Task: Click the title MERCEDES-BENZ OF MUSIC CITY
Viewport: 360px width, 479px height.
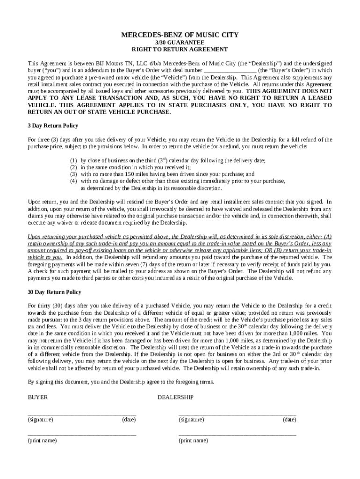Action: (x=180, y=35)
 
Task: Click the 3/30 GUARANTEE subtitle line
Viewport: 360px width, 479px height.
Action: (x=180, y=42)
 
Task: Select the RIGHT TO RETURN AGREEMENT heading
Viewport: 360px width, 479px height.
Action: (x=180, y=49)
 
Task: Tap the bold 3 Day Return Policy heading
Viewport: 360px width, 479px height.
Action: (x=53, y=126)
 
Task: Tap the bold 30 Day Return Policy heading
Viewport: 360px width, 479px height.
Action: (x=54, y=292)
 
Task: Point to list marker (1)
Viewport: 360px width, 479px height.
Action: (x=73, y=160)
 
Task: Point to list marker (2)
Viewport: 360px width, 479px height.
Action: (x=73, y=167)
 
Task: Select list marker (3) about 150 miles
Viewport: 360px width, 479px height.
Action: (x=73, y=174)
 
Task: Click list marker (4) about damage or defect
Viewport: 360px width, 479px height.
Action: (x=73, y=181)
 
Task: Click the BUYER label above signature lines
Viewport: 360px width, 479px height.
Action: (x=37, y=397)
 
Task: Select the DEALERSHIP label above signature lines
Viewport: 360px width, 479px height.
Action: (x=175, y=397)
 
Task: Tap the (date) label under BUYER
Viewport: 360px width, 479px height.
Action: (x=129, y=420)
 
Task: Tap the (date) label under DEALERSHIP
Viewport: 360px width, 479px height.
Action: (x=289, y=420)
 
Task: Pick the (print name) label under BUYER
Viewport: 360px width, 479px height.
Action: (x=42, y=441)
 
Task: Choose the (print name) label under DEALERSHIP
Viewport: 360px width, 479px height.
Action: (x=194, y=441)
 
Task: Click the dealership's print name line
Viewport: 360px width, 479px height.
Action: (x=237, y=435)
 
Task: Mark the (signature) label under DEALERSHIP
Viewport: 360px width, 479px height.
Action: (x=191, y=420)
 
